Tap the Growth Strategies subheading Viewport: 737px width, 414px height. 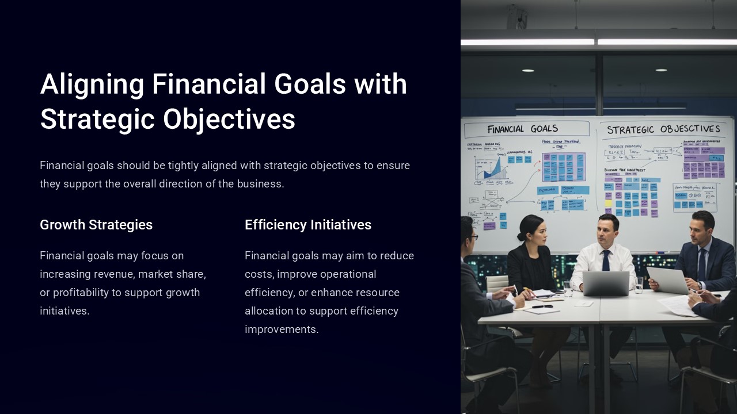coord(96,225)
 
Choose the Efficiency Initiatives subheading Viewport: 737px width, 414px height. coord(308,225)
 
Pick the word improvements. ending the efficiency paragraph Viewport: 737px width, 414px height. coord(281,329)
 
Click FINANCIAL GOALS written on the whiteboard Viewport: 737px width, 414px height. coord(523,129)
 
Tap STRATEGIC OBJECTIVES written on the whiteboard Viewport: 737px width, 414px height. coord(663,129)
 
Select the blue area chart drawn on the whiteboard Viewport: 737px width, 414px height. coord(492,168)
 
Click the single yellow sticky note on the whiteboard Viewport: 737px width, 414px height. coord(608,202)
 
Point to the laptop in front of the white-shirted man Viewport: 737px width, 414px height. coord(606,283)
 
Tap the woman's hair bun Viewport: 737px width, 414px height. coord(521,236)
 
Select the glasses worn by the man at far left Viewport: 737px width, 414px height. coord(473,236)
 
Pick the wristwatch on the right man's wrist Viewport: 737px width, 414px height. coord(699,286)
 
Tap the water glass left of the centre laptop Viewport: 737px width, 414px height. coord(568,287)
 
